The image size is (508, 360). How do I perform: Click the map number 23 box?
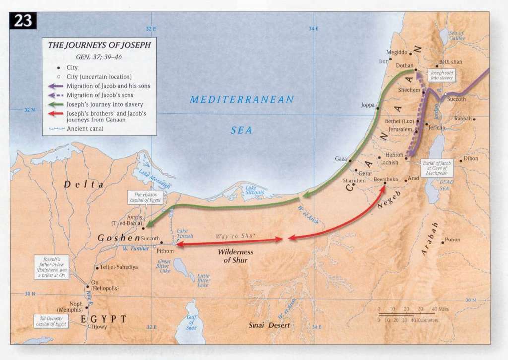pos(23,21)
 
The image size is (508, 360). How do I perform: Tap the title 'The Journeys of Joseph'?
pos(99,45)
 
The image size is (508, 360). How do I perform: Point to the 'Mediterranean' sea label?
pos(242,100)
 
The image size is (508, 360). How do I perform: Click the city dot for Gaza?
pos(350,159)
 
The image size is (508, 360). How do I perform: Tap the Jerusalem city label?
pos(400,129)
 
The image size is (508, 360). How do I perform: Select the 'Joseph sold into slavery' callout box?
pos(442,75)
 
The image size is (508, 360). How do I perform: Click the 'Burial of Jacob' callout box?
pos(437,168)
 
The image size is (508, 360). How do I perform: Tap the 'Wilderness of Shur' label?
pos(235,256)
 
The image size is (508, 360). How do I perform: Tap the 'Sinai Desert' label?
pos(269,325)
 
